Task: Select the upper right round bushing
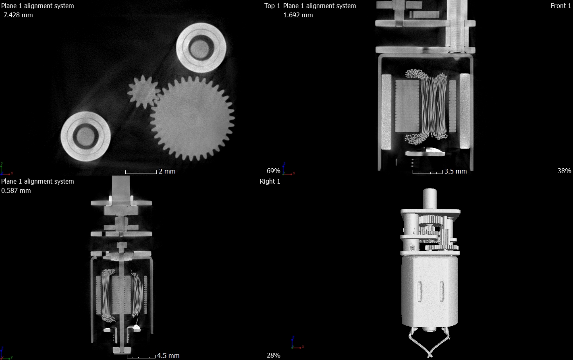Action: click(x=201, y=48)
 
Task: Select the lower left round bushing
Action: click(x=85, y=137)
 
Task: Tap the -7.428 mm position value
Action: click(x=17, y=15)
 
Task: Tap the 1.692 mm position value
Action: click(x=298, y=15)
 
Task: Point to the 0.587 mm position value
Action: click(x=16, y=190)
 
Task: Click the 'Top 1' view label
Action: click(x=272, y=6)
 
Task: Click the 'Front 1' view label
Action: click(x=561, y=6)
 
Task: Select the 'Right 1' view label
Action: click(x=270, y=181)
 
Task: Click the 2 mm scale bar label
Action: click(x=167, y=171)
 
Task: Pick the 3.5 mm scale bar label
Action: click(x=455, y=171)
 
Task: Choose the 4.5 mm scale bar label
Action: click(x=168, y=356)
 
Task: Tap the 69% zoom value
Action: click(x=273, y=171)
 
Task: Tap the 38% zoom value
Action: click(x=564, y=171)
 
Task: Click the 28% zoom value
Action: click(x=273, y=355)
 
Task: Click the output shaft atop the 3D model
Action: click(x=430, y=198)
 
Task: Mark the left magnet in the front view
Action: click(x=386, y=111)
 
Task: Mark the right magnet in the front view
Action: click(x=465, y=111)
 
